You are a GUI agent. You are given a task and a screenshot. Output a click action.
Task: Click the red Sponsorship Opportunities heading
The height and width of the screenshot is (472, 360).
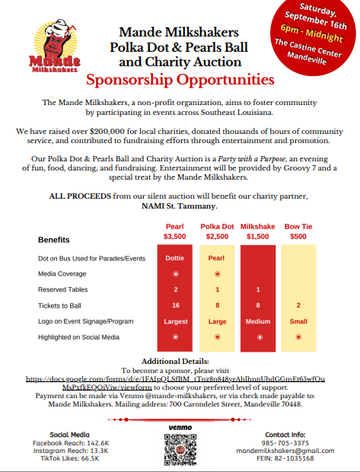[180, 80]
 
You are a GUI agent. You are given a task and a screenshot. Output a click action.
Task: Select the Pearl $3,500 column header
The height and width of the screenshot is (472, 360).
[175, 231]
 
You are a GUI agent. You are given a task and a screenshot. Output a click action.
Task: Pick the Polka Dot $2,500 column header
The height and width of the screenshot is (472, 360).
[218, 231]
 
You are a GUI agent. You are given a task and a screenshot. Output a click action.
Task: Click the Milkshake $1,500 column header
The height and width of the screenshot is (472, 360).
[258, 231]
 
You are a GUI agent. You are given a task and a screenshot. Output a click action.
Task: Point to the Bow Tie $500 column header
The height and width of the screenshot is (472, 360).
[298, 231]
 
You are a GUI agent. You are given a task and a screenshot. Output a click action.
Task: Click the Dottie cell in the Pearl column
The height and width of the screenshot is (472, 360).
[175, 257]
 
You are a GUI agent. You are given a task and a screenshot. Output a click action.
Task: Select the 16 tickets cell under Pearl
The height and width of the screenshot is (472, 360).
[175, 305]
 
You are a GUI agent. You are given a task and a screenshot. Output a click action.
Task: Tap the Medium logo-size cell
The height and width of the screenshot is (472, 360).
[258, 321]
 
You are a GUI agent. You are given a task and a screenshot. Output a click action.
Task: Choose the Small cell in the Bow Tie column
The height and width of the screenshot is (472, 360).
[298, 321]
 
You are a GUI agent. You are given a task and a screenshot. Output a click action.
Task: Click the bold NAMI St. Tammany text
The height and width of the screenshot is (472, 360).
[180, 205]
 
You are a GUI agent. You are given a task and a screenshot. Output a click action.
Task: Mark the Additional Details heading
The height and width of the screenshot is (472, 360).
[180, 360]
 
